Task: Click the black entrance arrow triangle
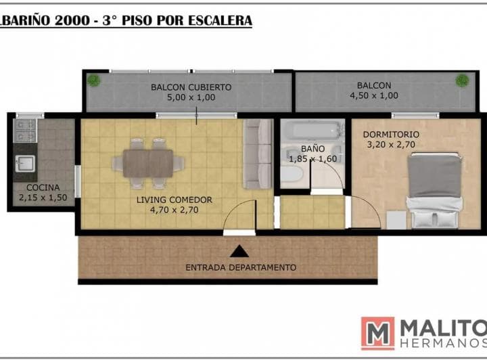click(x=239, y=251)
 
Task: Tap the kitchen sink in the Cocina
click(x=25, y=164)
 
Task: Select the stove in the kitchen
click(x=25, y=131)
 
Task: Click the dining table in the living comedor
click(x=148, y=163)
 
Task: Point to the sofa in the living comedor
click(x=258, y=154)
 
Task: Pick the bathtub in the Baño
click(x=312, y=131)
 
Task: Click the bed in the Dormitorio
click(x=433, y=190)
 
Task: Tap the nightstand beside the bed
click(x=396, y=220)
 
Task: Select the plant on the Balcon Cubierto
click(x=93, y=81)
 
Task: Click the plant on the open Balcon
click(x=462, y=81)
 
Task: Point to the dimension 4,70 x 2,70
click(x=175, y=210)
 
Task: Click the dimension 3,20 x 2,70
click(x=391, y=144)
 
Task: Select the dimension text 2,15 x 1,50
click(x=43, y=198)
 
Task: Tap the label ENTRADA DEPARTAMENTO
click(x=241, y=267)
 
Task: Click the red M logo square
click(x=377, y=334)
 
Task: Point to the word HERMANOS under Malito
click(x=444, y=343)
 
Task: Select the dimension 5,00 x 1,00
click(x=191, y=97)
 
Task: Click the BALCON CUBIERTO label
click(x=191, y=87)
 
